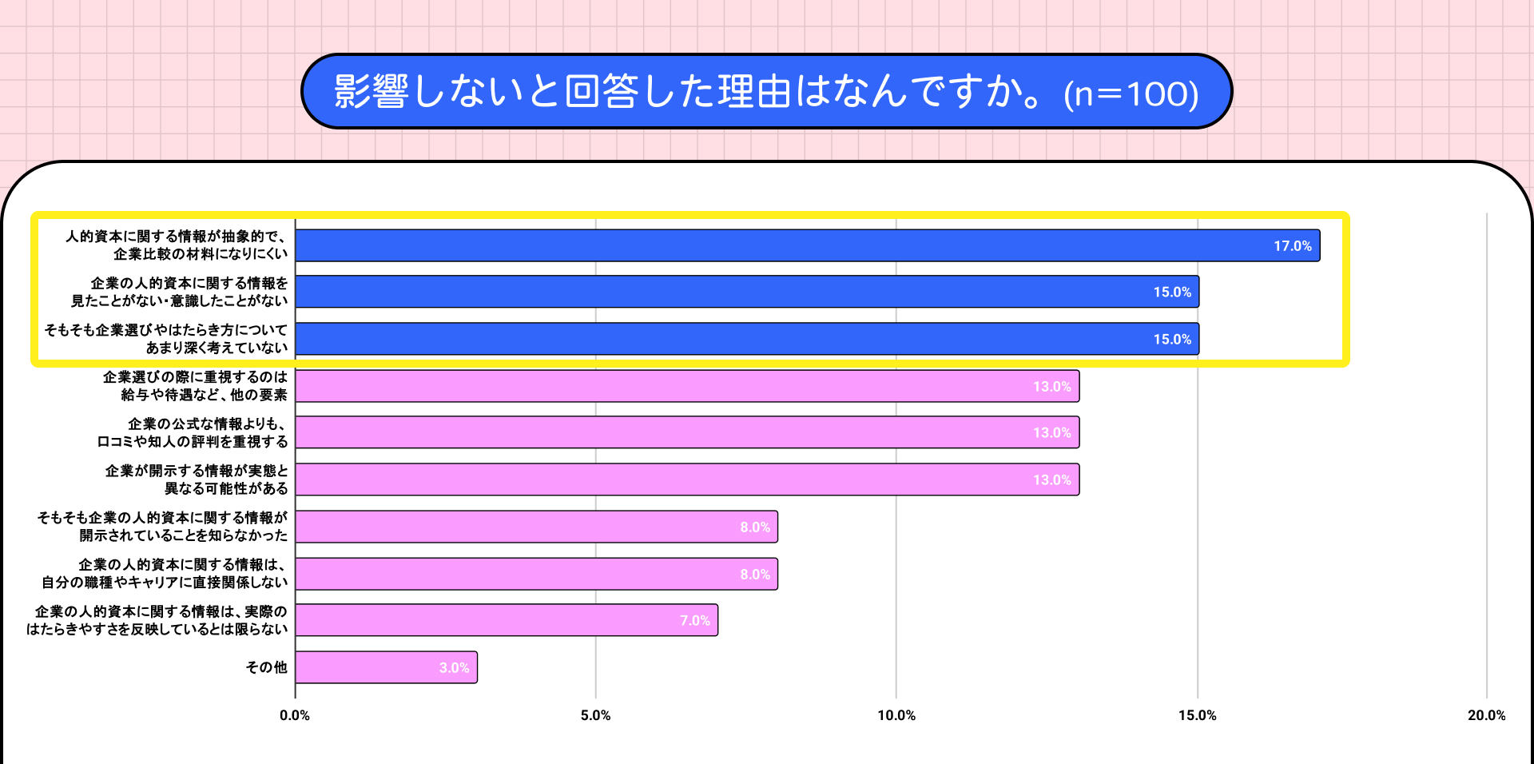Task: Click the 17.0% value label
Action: pyautogui.click(x=1292, y=246)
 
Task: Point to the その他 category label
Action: pyautogui.click(x=266, y=667)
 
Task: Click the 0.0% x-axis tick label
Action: pyautogui.click(x=295, y=715)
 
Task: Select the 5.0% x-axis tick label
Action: pyautogui.click(x=595, y=715)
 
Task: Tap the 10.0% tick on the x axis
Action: pyautogui.click(x=896, y=715)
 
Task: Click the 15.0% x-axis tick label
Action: pyautogui.click(x=1197, y=715)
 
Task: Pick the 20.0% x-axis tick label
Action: pyautogui.click(x=1486, y=715)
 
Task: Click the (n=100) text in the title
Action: pyautogui.click(x=1131, y=94)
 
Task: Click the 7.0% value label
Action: pyautogui.click(x=694, y=621)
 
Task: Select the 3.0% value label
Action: pyautogui.click(x=454, y=668)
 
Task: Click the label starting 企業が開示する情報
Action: pyautogui.click(x=197, y=479)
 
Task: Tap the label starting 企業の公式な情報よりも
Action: pyautogui.click(x=193, y=432)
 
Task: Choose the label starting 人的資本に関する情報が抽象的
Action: pyautogui.click(x=177, y=245)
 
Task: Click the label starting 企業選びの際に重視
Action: pyautogui.click(x=195, y=386)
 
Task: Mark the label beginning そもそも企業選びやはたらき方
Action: pyautogui.click(x=166, y=339)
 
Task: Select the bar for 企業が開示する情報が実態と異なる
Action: pyautogui.click(x=687, y=479)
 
